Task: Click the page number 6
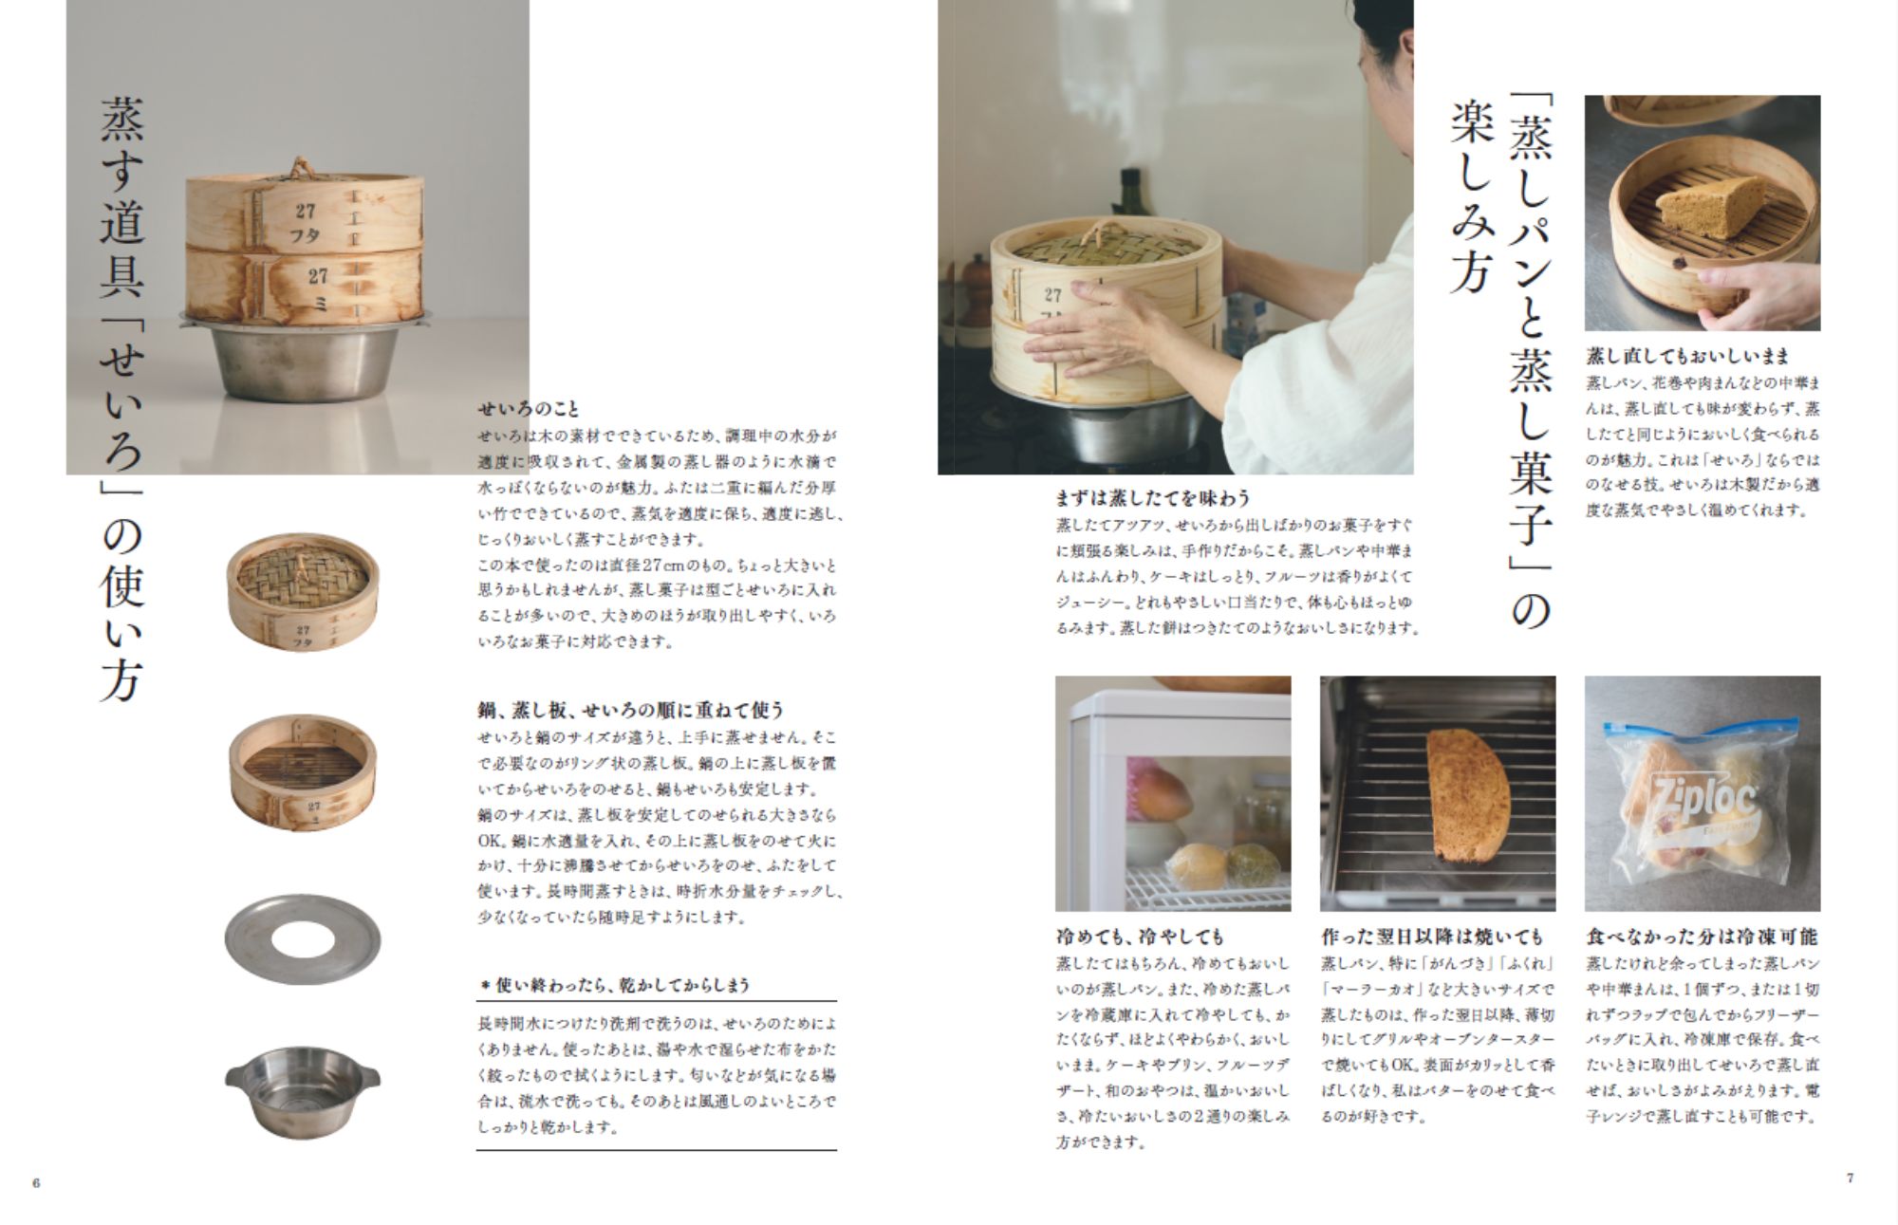(37, 1183)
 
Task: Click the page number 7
(1850, 1178)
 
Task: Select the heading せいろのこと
(529, 410)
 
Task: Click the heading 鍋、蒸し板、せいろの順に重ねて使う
(631, 710)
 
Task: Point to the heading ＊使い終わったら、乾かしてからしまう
(614, 985)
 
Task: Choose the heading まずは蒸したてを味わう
(1153, 497)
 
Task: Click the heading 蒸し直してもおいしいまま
(1687, 356)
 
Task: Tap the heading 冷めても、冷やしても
(1140, 937)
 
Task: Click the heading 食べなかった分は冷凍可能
(1702, 937)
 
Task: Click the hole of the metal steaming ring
(303, 939)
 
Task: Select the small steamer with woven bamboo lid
(303, 591)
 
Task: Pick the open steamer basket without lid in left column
(303, 773)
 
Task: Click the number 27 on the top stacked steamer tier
(305, 212)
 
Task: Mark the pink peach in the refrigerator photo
(1164, 794)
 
